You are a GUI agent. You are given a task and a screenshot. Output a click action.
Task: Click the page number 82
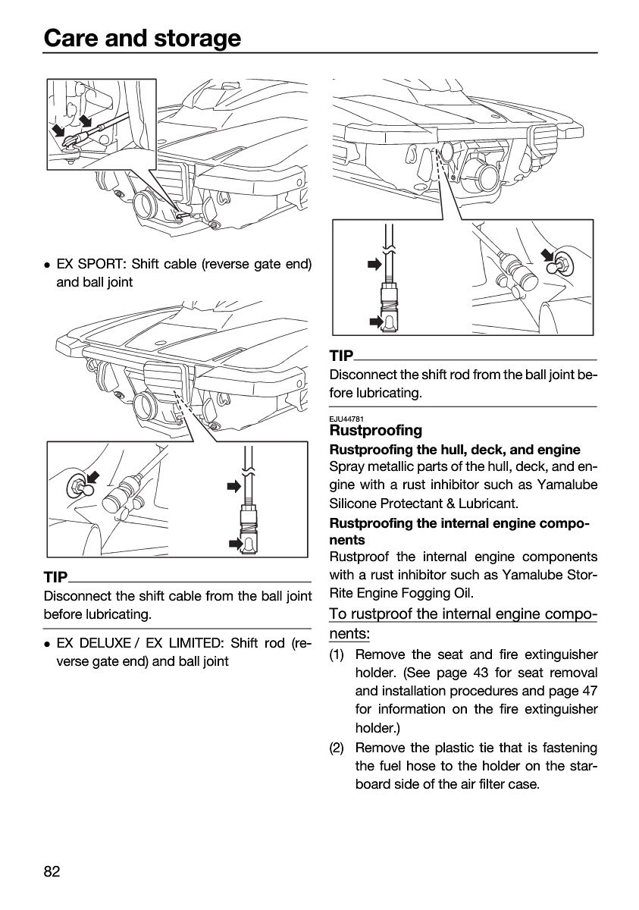(x=52, y=871)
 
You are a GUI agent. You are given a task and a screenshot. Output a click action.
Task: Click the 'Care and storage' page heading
(x=142, y=38)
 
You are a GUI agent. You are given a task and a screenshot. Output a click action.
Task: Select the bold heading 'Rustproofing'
(x=375, y=430)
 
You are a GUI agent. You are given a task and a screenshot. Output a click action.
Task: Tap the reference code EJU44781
(x=346, y=419)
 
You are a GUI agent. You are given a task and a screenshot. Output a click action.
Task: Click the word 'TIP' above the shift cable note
(x=55, y=577)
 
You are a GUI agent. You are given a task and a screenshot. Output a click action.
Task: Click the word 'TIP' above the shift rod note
(x=341, y=356)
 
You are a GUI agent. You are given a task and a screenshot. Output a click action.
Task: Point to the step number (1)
(x=337, y=654)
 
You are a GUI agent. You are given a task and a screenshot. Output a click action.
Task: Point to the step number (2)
(x=337, y=748)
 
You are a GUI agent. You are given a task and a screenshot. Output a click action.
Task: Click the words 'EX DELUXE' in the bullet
(x=93, y=643)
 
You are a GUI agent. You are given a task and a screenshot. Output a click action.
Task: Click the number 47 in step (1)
(x=590, y=691)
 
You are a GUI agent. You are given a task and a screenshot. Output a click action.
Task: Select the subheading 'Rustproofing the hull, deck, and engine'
(x=455, y=450)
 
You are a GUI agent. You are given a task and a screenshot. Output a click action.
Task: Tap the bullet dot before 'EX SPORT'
(x=48, y=265)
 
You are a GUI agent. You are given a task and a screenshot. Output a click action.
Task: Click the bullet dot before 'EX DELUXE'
(x=48, y=644)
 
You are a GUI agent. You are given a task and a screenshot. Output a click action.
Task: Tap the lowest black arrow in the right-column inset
(x=376, y=322)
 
